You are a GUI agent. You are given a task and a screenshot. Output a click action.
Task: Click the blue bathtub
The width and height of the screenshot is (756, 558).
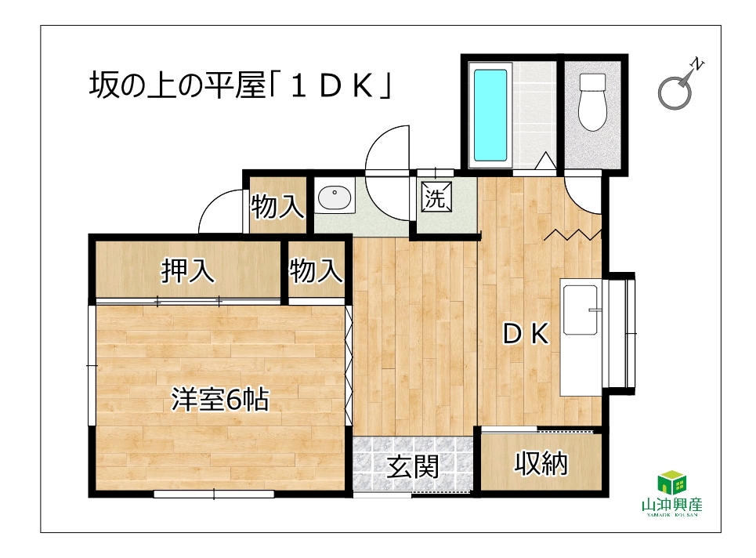coord(490,114)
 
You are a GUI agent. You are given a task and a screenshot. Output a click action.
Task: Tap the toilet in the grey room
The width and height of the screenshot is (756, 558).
coord(592,102)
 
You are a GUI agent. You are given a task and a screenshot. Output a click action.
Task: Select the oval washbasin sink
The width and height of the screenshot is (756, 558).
coord(334,197)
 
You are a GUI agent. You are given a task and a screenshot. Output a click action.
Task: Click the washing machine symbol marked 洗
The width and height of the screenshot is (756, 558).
coord(436,197)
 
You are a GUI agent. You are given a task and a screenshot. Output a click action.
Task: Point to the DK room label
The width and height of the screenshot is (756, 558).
coord(526,334)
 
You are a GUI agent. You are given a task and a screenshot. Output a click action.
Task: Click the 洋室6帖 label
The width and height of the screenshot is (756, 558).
coord(220,400)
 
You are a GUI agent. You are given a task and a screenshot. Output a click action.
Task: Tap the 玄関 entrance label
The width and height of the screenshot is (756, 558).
coord(413,466)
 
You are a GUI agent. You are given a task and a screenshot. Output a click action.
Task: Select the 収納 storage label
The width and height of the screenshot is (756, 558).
coord(541,463)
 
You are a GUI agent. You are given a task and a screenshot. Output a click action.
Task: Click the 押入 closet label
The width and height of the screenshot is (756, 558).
coord(187,270)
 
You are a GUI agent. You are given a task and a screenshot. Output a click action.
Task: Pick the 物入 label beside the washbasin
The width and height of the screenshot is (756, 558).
coord(277,206)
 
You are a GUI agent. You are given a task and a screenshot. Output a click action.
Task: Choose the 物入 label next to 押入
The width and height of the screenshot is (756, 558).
coord(317,270)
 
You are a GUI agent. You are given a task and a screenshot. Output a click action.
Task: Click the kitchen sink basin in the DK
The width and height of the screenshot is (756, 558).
coord(581,310)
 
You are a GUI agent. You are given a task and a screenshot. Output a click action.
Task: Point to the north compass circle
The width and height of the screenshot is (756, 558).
coord(675,93)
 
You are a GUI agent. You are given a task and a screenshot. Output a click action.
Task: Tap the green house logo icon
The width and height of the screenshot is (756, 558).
coord(672,483)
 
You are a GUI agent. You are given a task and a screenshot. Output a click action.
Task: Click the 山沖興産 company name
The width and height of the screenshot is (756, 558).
coord(672,505)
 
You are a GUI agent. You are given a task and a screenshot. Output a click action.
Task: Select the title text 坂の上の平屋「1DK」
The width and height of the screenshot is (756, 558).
coord(240,85)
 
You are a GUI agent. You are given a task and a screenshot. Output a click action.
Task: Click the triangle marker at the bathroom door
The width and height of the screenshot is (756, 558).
coord(546,161)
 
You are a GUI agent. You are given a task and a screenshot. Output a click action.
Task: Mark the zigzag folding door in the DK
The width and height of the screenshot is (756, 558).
coord(573,235)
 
